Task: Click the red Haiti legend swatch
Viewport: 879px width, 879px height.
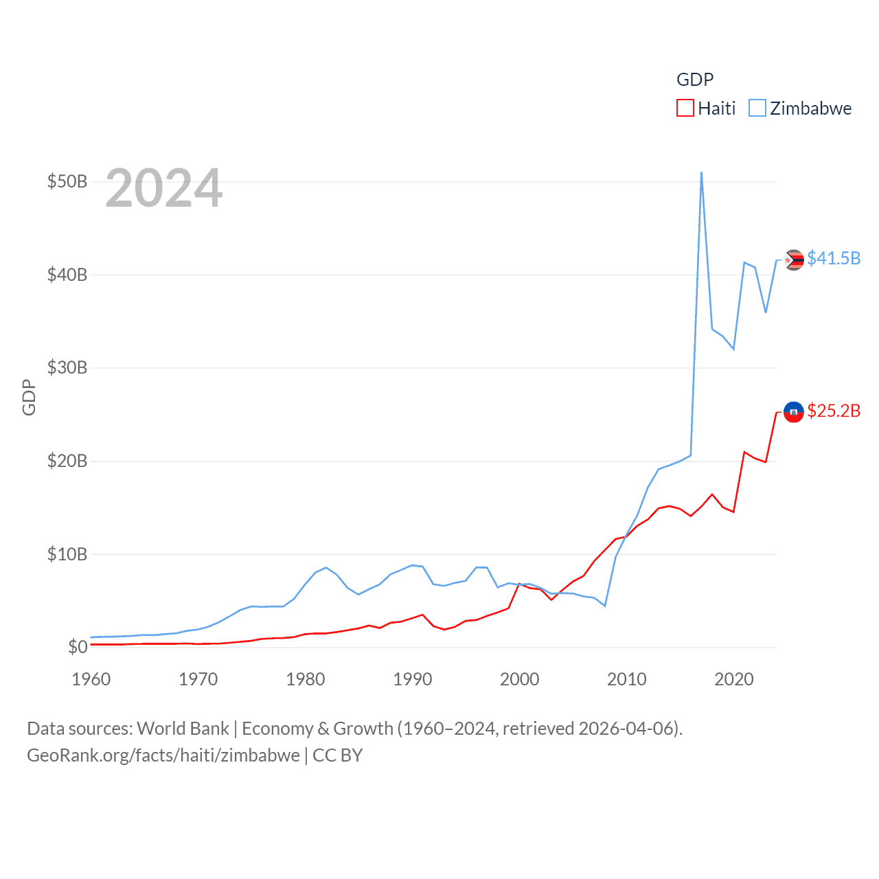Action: click(x=685, y=109)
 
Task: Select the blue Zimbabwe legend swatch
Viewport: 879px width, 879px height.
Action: click(x=757, y=109)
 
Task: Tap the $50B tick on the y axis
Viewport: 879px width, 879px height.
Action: click(x=67, y=181)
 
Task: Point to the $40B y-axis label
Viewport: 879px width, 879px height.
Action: click(x=67, y=275)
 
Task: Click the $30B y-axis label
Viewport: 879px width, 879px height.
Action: click(x=67, y=367)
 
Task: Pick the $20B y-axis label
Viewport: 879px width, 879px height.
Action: click(x=67, y=461)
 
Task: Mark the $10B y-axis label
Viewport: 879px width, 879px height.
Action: click(x=67, y=554)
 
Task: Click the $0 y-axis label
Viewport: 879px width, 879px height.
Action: click(x=78, y=647)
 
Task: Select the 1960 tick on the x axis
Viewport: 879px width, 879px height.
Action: click(x=91, y=679)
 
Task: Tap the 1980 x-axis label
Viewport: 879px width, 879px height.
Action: click(x=306, y=679)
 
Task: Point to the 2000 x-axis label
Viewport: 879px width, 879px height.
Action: click(x=520, y=679)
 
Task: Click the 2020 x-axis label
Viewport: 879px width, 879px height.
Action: click(x=734, y=679)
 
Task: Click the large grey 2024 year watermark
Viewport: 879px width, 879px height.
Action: click(x=164, y=188)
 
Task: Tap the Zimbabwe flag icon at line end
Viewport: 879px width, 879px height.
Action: click(x=794, y=260)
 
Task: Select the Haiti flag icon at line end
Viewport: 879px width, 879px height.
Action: click(x=794, y=412)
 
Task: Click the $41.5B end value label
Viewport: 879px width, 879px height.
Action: click(x=834, y=258)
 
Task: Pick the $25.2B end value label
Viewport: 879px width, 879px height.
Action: click(x=834, y=411)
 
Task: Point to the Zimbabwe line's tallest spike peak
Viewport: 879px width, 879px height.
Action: click(x=701, y=172)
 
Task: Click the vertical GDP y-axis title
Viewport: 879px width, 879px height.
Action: click(x=29, y=397)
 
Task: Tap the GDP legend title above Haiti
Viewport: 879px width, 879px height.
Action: click(x=695, y=80)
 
